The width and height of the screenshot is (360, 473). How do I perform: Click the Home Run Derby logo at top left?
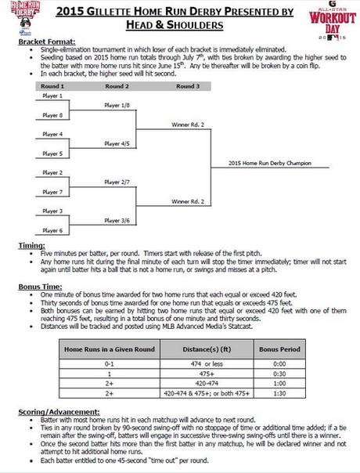tap(20, 19)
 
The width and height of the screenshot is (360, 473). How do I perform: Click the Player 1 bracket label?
tap(52, 95)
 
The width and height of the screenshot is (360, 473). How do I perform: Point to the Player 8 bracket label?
tap(52, 114)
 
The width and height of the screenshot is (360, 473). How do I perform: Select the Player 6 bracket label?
tap(52, 230)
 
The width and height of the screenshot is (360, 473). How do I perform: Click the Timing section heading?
tap(31, 245)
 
